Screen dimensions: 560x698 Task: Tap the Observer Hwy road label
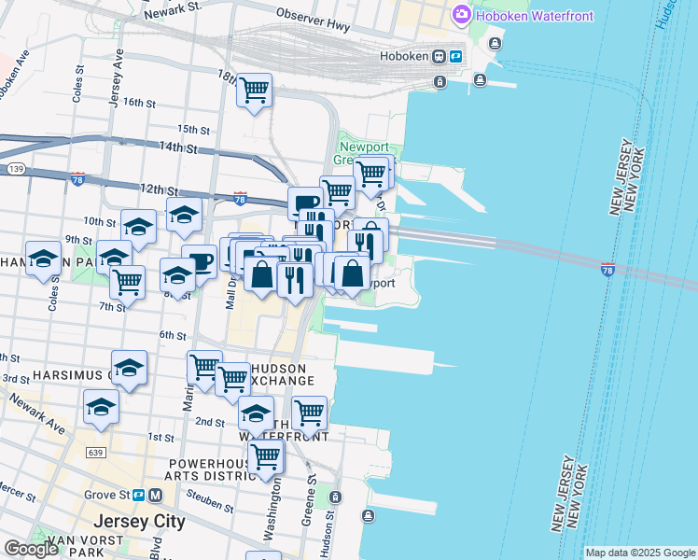[x=313, y=21]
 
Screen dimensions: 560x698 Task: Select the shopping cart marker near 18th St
[x=254, y=91]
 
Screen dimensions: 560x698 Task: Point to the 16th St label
[x=138, y=103]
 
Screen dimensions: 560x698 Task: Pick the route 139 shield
[x=14, y=169]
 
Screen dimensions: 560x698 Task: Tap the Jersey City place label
[x=138, y=521]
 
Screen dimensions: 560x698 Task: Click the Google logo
[x=31, y=549]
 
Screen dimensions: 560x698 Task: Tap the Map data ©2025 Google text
[x=640, y=553]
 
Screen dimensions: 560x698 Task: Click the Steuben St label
[x=215, y=505]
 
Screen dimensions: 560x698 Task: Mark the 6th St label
[x=174, y=335]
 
